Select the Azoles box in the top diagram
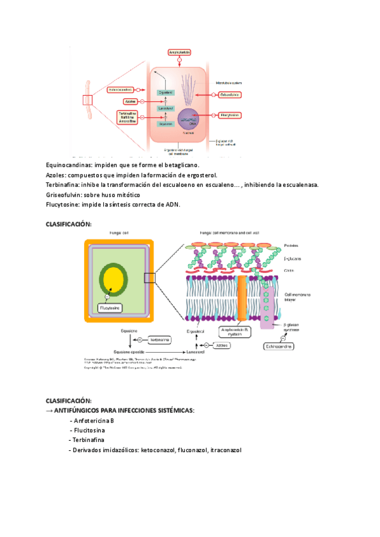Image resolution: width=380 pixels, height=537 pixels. pyautogui.click(x=131, y=101)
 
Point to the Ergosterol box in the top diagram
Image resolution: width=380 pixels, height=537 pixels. pyautogui.click(x=165, y=92)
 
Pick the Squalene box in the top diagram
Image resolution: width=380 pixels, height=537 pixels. pyautogui.click(x=165, y=124)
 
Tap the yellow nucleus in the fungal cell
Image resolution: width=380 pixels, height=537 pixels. pyautogui.click(x=114, y=279)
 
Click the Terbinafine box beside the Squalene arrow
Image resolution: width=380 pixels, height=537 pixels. pyautogui.click(x=159, y=340)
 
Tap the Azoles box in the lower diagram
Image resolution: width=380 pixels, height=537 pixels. pyautogui.click(x=222, y=346)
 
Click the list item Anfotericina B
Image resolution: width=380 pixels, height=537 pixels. pyautogui.click(x=94, y=420)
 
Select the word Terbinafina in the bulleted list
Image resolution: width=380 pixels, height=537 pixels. pyautogui.click(x=89, y=439)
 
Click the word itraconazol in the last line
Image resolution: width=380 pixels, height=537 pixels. pyautogui.click(x=226, y=450)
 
